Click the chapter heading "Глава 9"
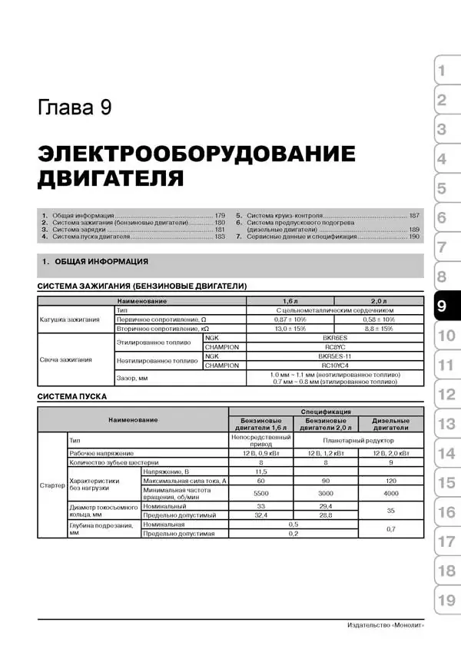(x=75, y=106)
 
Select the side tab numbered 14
(x=446, y=453)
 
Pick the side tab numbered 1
(x=441, y=72)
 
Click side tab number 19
(x=446, y=601)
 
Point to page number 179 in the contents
(x=220, y=215)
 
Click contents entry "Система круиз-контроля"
(x=284, y=215)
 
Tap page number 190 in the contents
(x=414, y=237)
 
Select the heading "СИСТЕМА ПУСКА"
(x=72, y=396)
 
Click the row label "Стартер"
(x=51, y=485)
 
